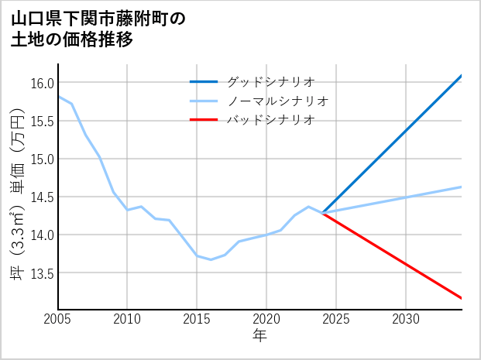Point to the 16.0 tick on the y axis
click(x=43, y=83)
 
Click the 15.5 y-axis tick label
click(x=43, y=121)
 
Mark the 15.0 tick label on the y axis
click(x=43, y=159)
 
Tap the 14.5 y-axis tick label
click(x=43, y=197)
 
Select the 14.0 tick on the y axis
click(x=43, y=235)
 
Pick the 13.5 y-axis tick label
click(x=43, y=273)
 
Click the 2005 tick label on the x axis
click(x=58, y=319)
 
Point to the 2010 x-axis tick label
click(x=128, y=319)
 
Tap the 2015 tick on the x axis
click(x=197, y=319)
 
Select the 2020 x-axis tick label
click(x=266, y=319)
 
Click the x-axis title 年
click(x=260, y=335)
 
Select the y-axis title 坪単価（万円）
click(x=16, y=195)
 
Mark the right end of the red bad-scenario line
click(x=461, y=298)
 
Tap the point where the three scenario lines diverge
click(x=322, y=212)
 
